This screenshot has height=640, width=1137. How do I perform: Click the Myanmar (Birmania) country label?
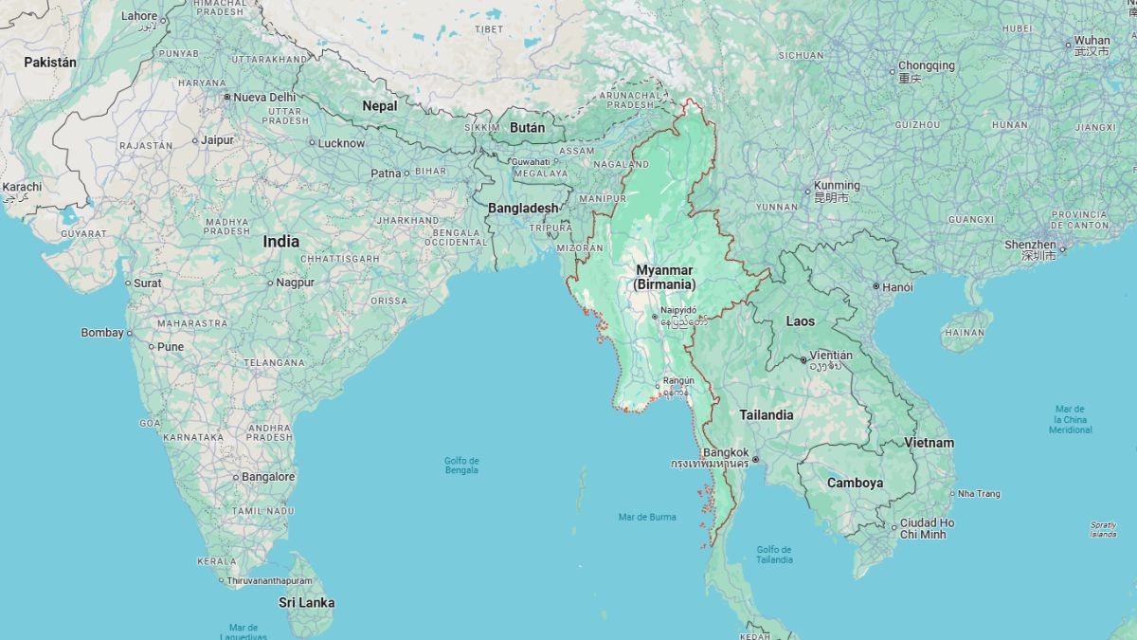pos(664,277)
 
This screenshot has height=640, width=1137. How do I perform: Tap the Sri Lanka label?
pos(306,602)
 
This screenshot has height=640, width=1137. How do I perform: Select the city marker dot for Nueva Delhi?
pos(227,97)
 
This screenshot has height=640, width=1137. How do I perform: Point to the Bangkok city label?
pos(727,452)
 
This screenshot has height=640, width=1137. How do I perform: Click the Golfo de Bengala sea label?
pos(461,466)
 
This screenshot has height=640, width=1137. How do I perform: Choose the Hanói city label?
pos(898,286)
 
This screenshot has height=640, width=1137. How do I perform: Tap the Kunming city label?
pos(837,186)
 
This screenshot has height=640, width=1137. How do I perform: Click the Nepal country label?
pos(379,106)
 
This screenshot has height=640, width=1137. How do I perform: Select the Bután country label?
pos(528,127)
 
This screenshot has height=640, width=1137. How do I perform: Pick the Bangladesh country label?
pos(523,208)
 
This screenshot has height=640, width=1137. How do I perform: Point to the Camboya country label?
pos(855,483)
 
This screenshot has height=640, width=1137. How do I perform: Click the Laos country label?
pos(800,321)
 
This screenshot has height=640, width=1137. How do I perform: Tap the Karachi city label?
pos(22,187)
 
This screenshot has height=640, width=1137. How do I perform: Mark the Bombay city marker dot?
pos(130,334)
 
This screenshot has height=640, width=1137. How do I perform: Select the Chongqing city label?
pos(926,66)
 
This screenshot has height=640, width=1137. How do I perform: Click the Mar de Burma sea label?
pos(647,517)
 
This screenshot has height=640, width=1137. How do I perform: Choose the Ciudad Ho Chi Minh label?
pos(927,528)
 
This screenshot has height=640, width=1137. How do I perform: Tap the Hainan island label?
pos(965,333)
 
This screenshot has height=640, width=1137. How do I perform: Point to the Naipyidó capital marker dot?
pos(654,318)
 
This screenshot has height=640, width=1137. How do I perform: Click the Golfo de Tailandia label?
pos(774,555)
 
